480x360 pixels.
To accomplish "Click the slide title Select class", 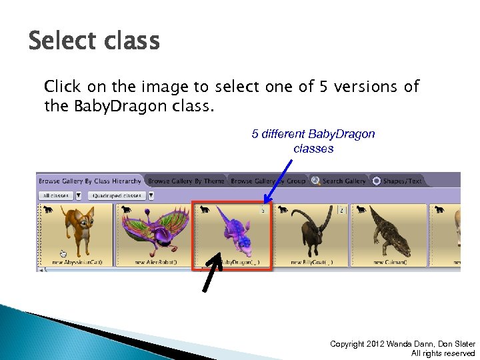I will tap(94, 41).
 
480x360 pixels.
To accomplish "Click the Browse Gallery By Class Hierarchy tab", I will tap(90, 181).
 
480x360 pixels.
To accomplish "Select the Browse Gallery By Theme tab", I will tap(186, 181).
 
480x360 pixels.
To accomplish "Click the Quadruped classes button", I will tap(117, 195).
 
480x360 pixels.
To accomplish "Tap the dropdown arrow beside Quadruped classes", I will tap(151, 195).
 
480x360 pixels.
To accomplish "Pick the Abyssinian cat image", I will tap(75, 231).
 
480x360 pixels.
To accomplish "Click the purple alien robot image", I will tap(153, 230).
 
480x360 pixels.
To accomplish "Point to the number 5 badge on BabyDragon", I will tap(263, 210).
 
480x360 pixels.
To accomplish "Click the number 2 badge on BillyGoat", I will tap(342, 210).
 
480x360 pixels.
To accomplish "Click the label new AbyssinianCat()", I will tap(76, 262).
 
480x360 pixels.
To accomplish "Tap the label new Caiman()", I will tap(389, 262).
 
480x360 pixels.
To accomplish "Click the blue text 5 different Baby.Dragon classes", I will tap(313, 141).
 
